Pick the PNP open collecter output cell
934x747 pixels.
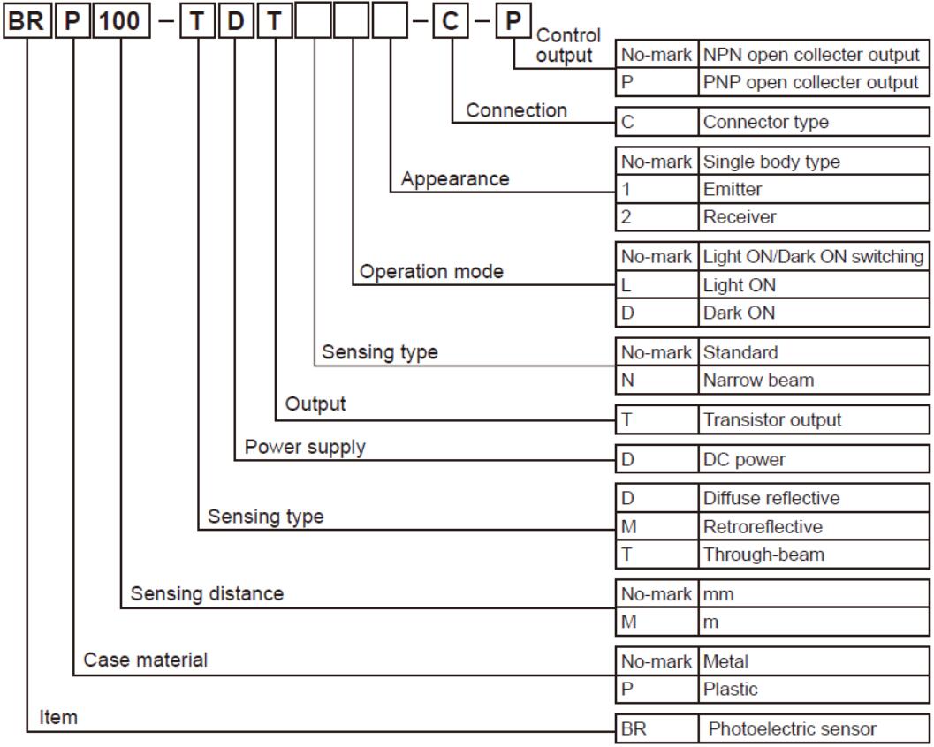(812, 82)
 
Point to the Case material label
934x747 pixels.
(146, 660)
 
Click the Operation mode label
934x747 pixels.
(430, 271)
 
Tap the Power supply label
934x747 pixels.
(317, 448)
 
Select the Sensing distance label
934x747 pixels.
(208, 593)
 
